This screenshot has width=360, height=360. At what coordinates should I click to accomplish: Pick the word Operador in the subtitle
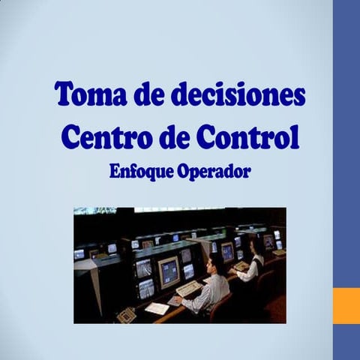point(213,171)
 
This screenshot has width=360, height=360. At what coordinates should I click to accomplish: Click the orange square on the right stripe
point(346,304)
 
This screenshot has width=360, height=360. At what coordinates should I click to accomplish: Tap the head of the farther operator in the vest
point(255,244)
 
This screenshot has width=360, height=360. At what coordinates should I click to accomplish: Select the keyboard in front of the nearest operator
point(188,288)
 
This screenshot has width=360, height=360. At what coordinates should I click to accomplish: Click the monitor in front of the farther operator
point(226,251)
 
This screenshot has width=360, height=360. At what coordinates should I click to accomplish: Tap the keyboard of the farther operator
point(241,265)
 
